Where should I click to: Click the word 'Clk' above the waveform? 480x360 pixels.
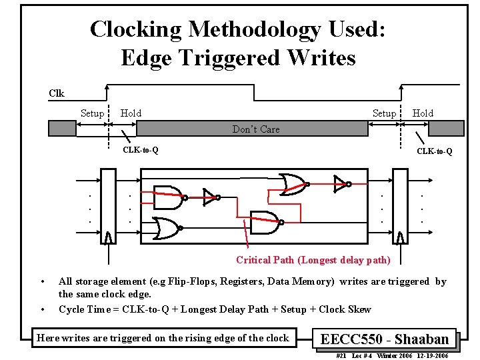coord(57,93)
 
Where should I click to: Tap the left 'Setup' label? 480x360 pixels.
coord(92,113)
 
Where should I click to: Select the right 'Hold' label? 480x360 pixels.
coord(423,113)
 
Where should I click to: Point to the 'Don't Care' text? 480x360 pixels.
coord(256,129)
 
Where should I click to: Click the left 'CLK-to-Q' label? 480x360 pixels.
coord(140,150)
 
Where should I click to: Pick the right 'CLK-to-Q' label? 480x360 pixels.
coord(435,151)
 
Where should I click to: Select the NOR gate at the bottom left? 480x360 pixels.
coord(167,229)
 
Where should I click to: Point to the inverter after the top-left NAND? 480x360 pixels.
coord(209,197)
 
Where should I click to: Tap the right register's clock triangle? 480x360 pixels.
coord(400,238)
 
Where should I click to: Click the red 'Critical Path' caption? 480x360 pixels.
coord(313,260)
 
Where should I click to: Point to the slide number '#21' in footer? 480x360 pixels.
coord(340,355)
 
